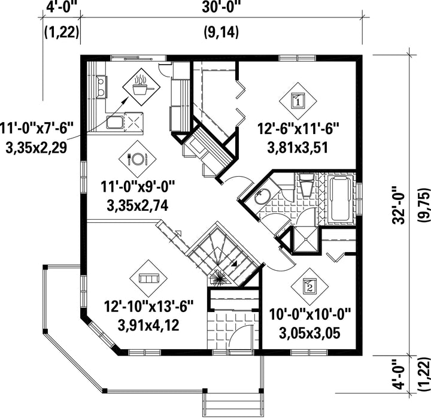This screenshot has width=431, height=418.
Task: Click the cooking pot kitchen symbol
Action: click(x=141, y=87)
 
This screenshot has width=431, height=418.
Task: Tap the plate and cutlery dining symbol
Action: click(x=138, y=159)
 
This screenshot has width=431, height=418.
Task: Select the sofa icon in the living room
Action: click(x=148, y=278)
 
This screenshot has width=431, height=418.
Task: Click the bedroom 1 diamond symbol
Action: click(x=298, y=101)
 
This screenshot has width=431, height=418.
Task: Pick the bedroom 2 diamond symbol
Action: click(x=310, y=287)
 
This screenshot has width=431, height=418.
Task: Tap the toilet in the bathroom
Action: click(x=306, y=184)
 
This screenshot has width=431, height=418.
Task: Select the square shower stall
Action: click(x=306, y=239)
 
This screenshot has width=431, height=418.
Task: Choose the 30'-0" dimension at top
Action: click(x=221, y=7)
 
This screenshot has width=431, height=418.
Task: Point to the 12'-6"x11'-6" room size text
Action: click(x=298, y=129)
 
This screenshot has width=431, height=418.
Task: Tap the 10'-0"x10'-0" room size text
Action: click(x=310, y=314)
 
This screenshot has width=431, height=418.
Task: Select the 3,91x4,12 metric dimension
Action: click(x=148, y=325)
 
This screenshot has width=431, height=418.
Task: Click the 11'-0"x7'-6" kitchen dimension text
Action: click(x=37, y=128)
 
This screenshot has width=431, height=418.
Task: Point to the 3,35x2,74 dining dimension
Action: click(x=138, y=205)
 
